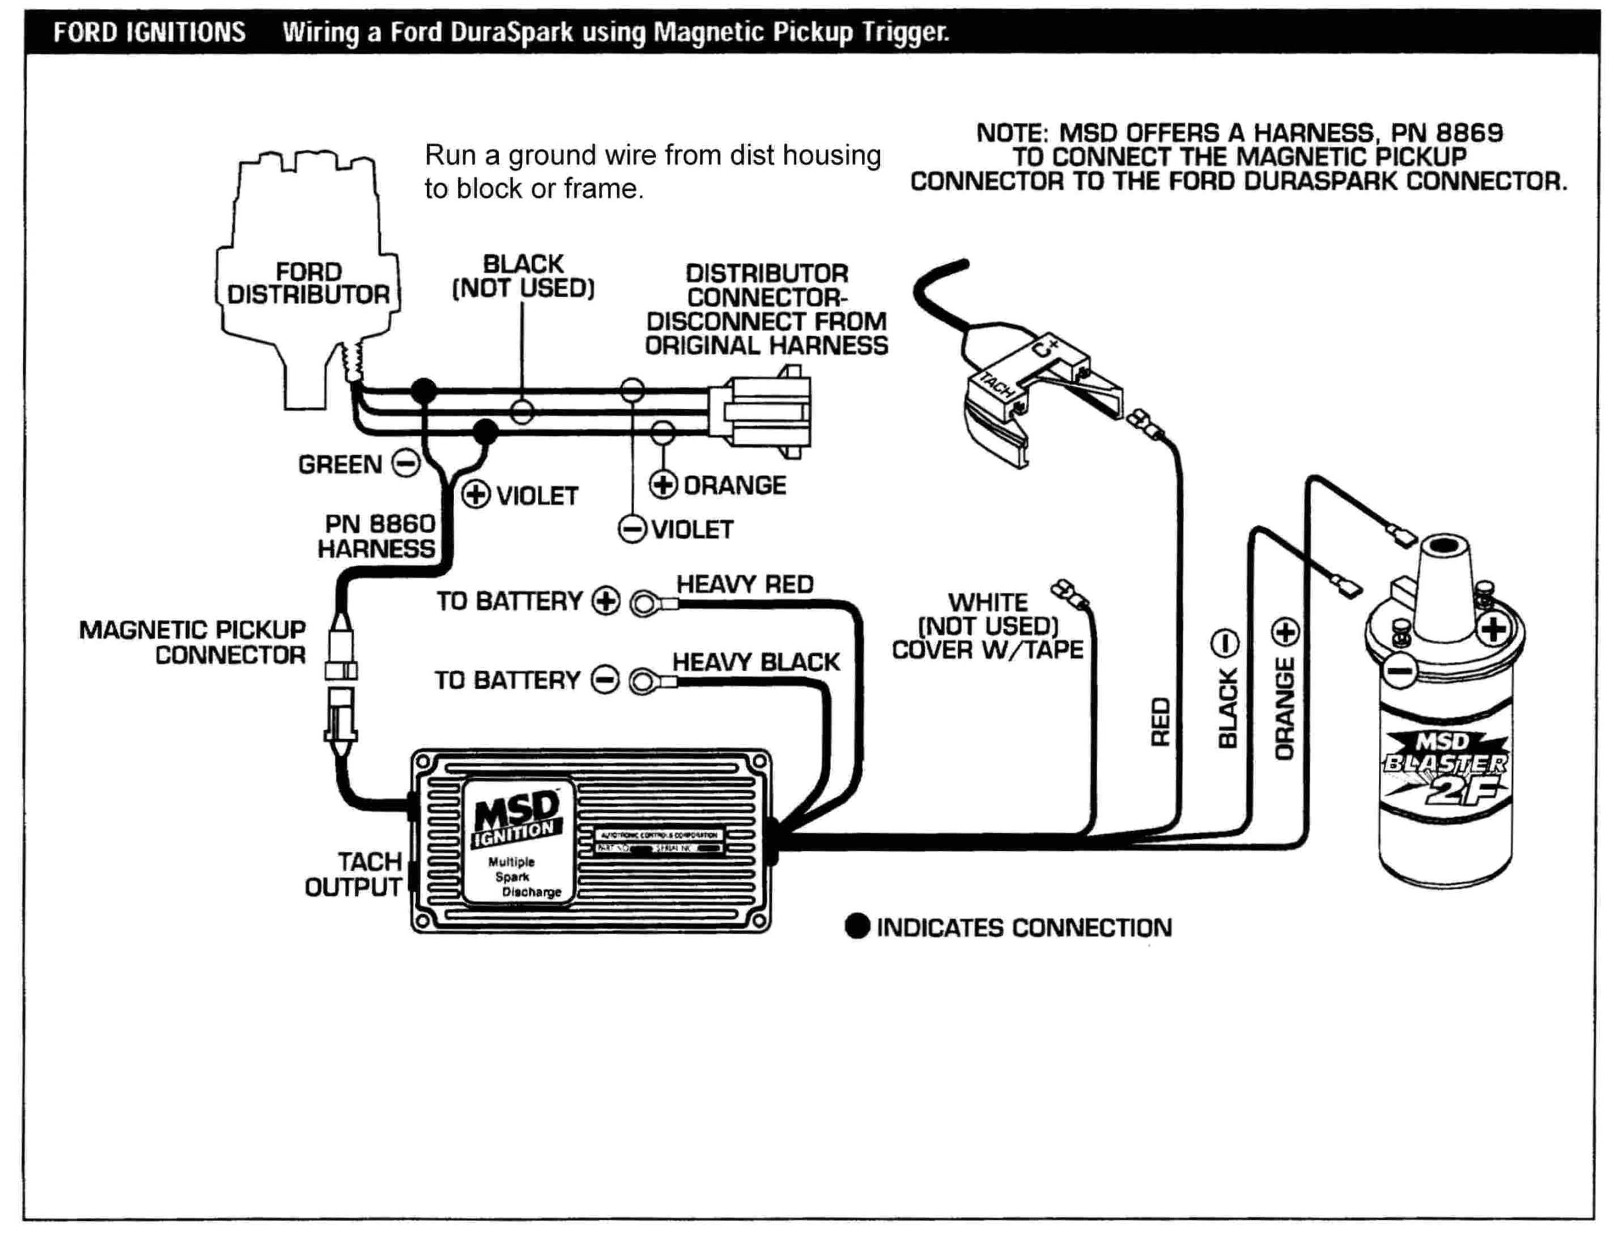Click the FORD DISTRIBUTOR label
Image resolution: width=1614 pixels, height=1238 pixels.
[x=307, y=284]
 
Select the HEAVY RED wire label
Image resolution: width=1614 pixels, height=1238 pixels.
[x=744, y=585]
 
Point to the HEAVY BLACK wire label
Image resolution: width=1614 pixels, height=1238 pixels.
[x=755, y=662]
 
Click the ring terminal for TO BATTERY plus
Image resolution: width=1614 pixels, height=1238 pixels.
[x=644, y=604]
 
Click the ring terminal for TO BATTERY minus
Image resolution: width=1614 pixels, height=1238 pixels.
[x=642, y=682]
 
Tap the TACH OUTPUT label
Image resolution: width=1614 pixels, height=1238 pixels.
[x=354, y=874]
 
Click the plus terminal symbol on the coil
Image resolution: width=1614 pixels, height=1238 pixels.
[x=1492, y=630]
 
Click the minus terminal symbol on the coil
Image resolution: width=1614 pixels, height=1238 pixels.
[x=1397, y=671]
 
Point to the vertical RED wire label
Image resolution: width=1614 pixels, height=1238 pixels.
[x=1160, y=722]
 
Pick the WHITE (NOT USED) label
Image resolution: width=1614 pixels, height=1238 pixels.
[x=987, y=626]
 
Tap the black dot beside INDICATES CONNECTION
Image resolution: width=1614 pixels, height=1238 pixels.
[x=857, y=926]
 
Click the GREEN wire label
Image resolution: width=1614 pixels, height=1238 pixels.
[x=340, y=465]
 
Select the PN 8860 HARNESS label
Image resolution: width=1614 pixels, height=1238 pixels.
[x=376, y=535]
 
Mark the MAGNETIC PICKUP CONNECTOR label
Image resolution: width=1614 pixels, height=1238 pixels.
[x=192, y=642]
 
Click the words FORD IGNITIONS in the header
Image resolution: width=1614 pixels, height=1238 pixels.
[x=149, y=32]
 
